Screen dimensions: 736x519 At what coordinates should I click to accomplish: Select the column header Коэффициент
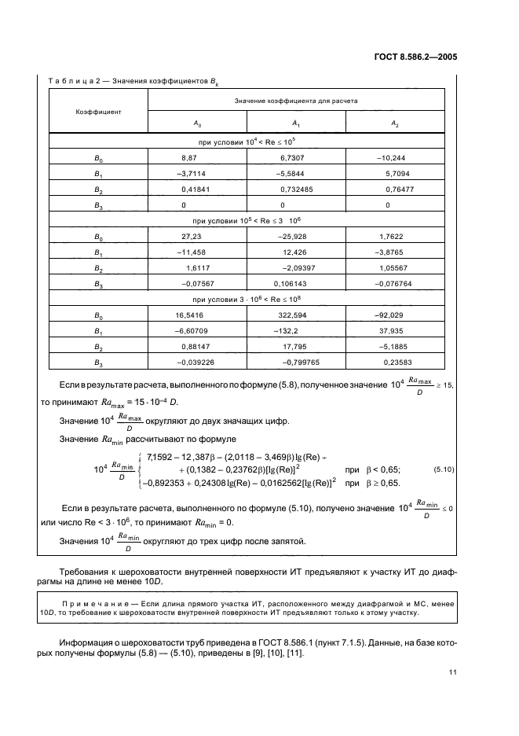pos(98,112)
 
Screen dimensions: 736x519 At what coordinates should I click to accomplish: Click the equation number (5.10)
pos(444,469)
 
